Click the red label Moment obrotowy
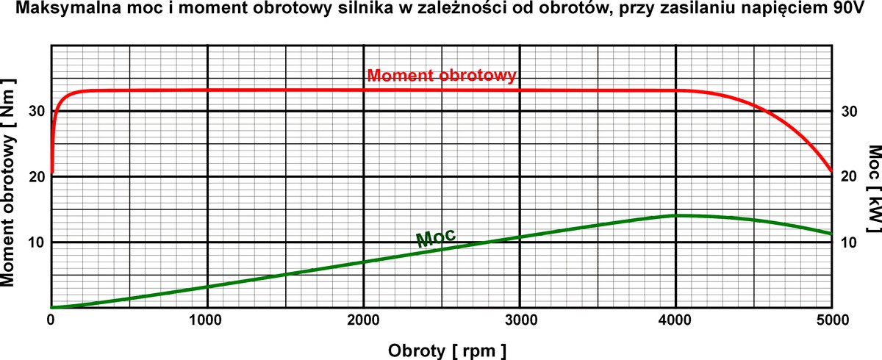(442, 76)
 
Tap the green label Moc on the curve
(436, 237)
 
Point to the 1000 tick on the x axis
(207, 320)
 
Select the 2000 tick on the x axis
(363, 320)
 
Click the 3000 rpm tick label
(519, 320)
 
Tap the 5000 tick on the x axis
(831, 320)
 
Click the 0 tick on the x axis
(51, 320)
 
